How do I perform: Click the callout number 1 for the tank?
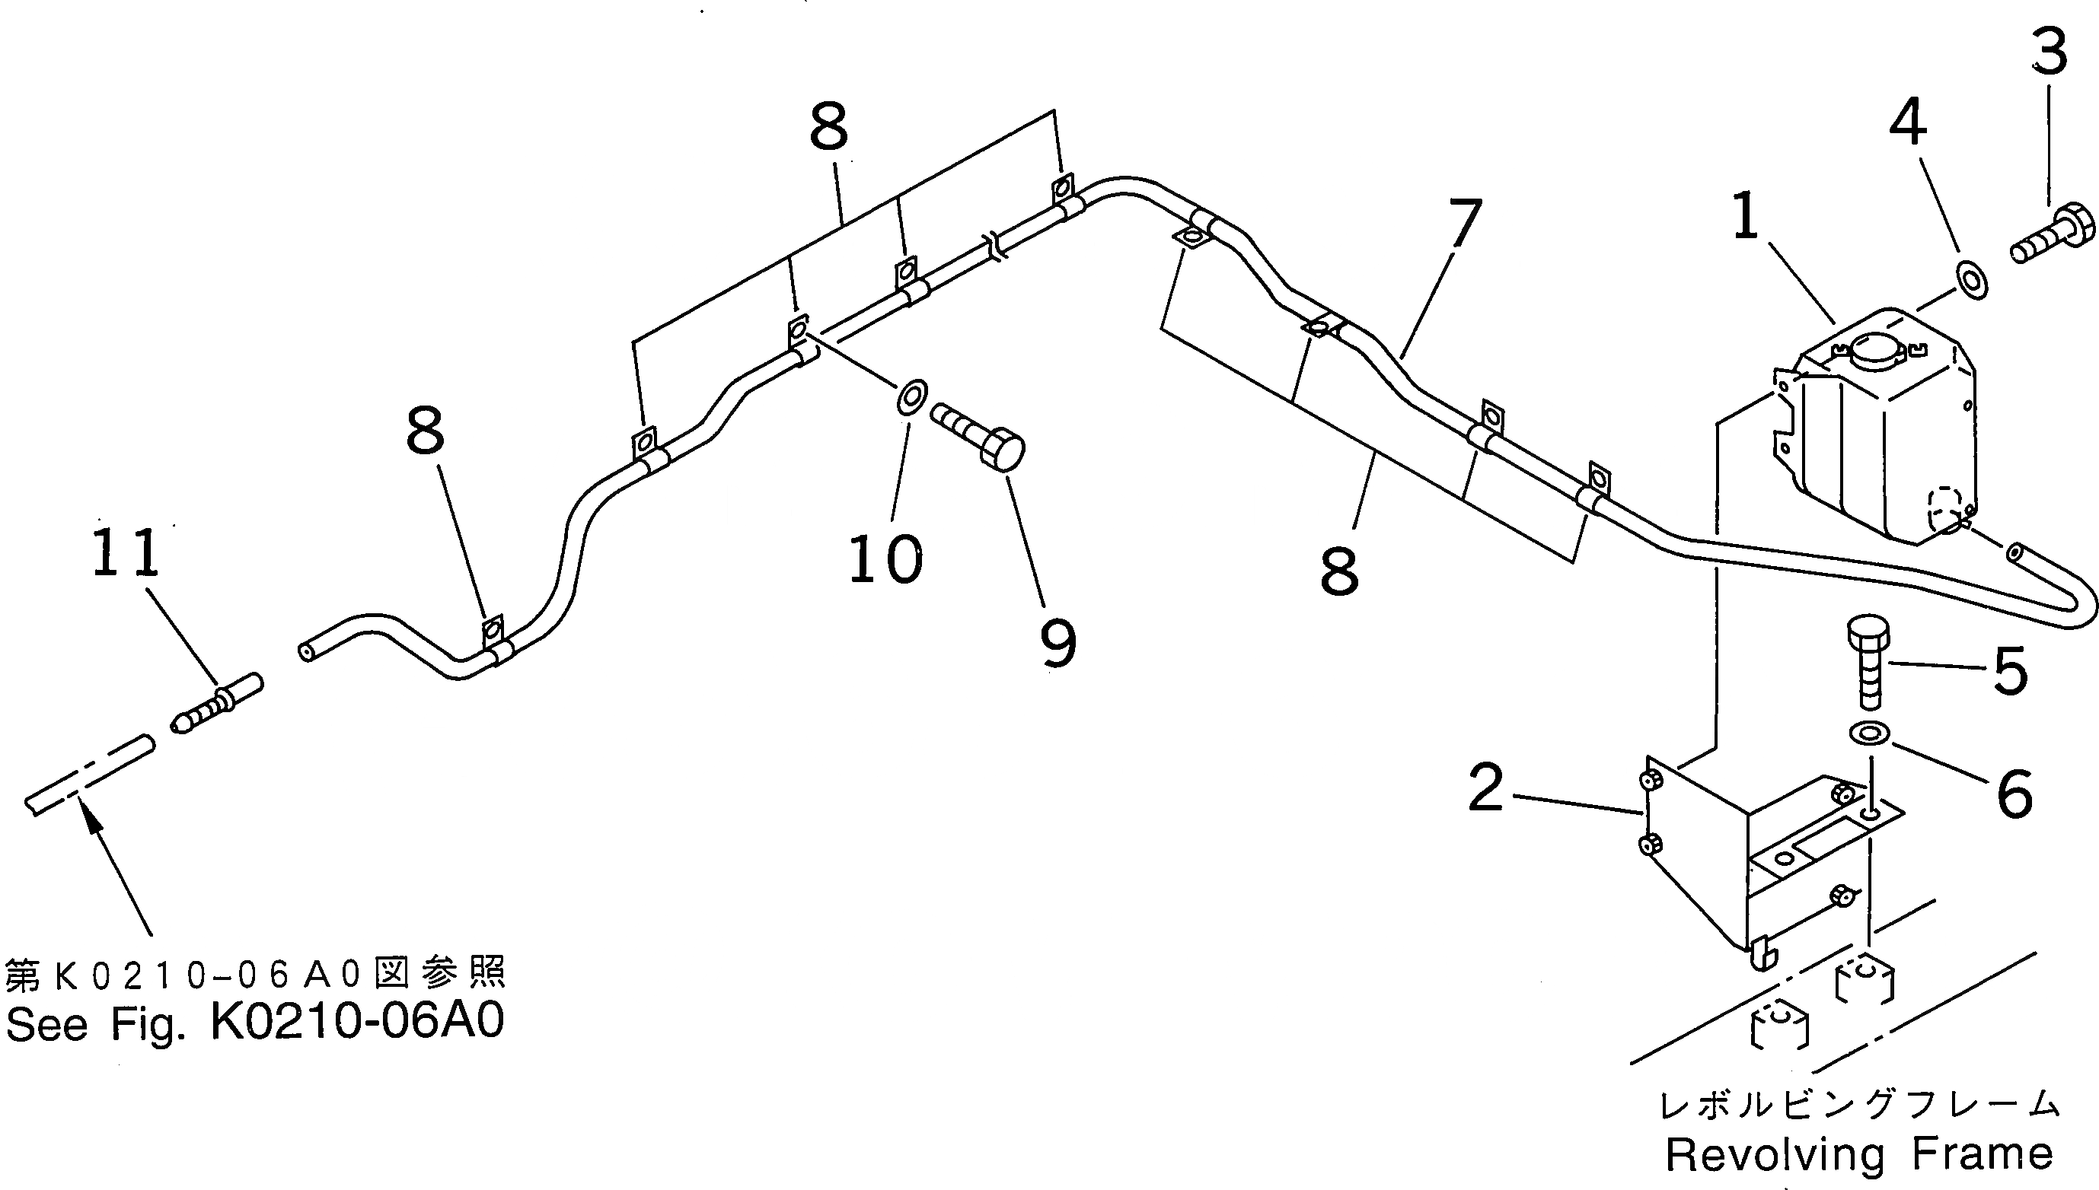tap(1745, 218)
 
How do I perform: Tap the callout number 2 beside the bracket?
tap(1485, 788)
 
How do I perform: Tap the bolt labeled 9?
tap(981, 434)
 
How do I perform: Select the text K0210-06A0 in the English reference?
tap(357, 1021)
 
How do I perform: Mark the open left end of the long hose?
tap(307, 651)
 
